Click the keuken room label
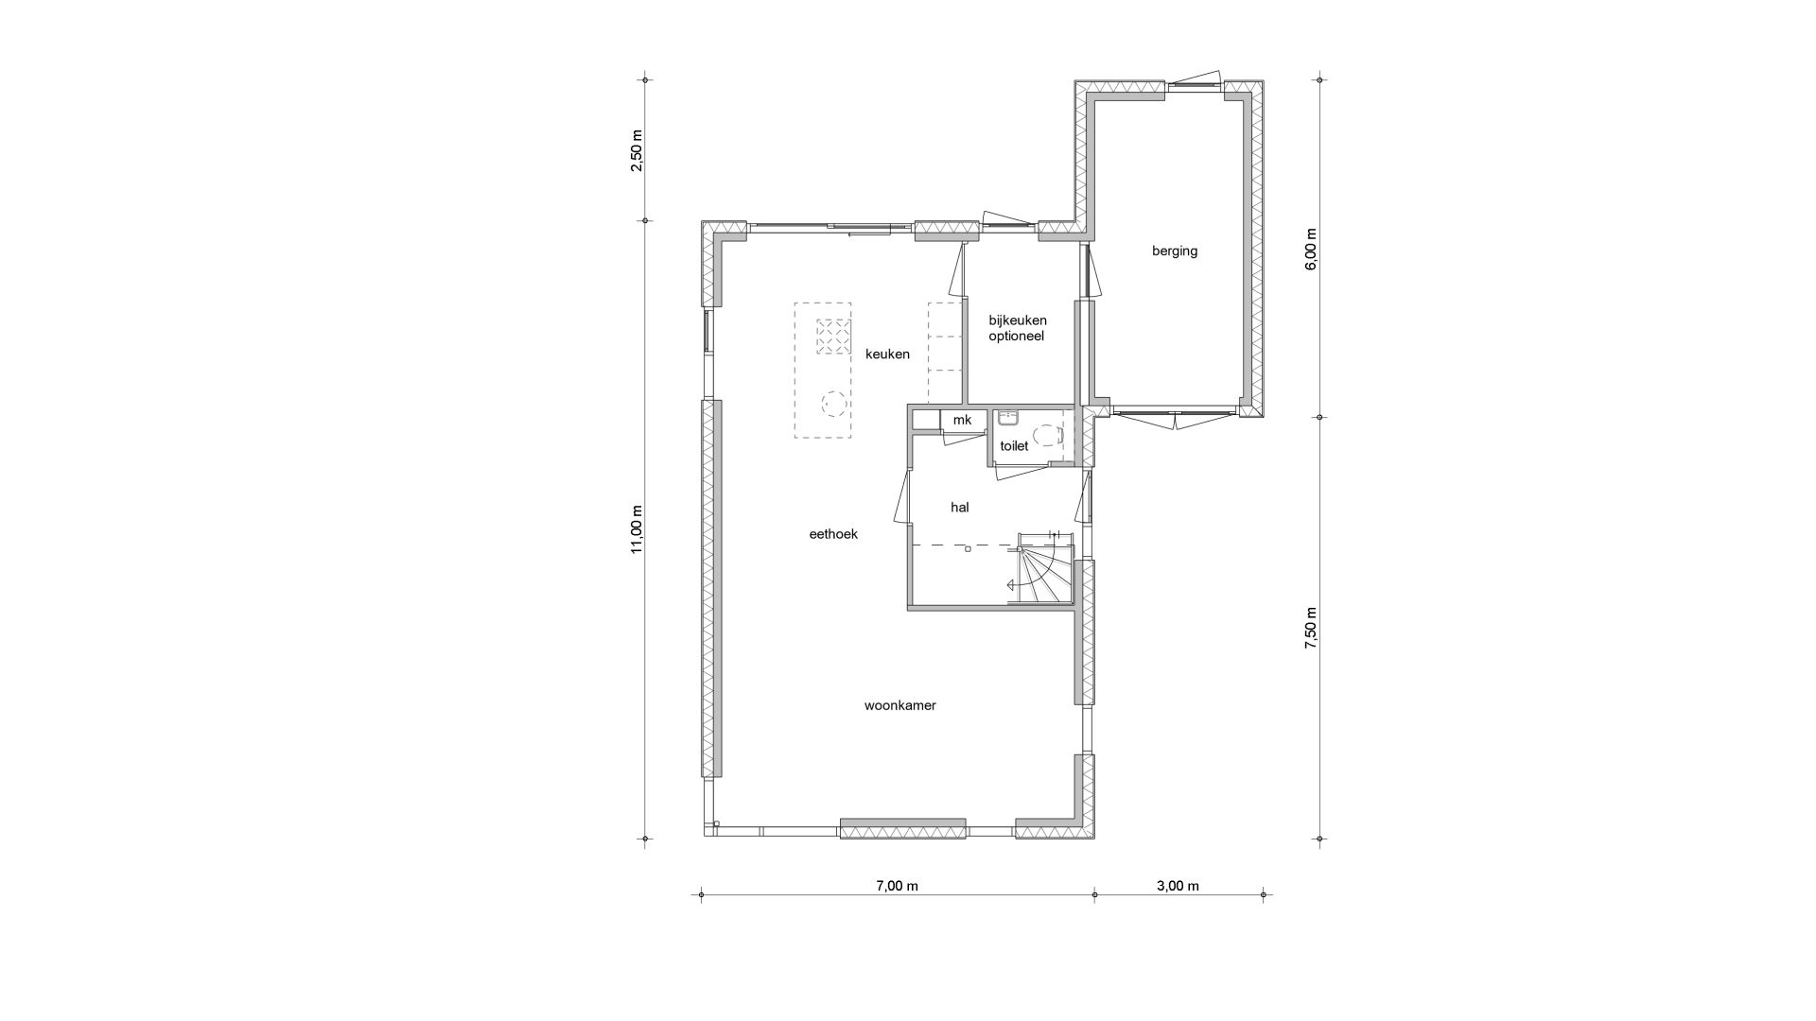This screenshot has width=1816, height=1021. coord(887,355)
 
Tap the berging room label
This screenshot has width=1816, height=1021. coord(1175,251)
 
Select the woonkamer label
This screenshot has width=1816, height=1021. coord(899,705)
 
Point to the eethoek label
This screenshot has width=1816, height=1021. coord(833,534)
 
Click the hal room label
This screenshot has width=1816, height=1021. coord(960,508)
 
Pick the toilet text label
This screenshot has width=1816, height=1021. coord(1014,446)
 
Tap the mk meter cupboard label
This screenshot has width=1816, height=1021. coord(962,420)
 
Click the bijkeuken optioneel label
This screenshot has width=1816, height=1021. coord(1018,328)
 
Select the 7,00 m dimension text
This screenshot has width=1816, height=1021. coord(897,886)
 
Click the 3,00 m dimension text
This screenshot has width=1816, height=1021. coord(1178,886)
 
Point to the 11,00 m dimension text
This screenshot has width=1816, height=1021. coord(637,529)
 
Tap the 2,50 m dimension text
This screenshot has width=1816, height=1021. coord(637,150)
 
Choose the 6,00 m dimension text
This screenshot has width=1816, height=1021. coord(1311,250)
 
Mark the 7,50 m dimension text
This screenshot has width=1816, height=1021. coord(1311,628)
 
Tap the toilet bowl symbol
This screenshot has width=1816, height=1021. coord(1048,436)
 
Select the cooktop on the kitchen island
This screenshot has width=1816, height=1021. coord(832,336)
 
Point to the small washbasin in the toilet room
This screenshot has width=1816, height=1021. coord(1005,417)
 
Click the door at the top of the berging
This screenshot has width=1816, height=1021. coord(1196,81)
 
